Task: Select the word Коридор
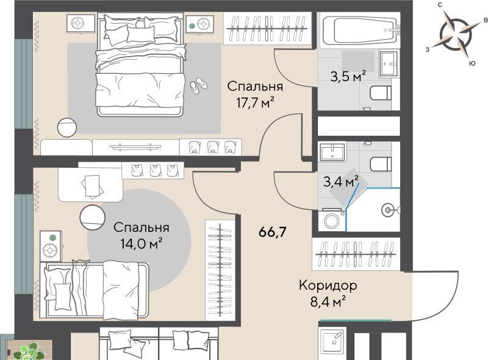[x=328, y=286]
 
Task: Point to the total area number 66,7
[x=272, y=232]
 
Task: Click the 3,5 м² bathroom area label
[x=348, y=76]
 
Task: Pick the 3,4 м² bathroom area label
[x=341, y=181]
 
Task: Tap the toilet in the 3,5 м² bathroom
[x=380, y=93]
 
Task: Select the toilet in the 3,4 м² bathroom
[x=380, y=164]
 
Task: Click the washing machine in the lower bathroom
[x=332, y=220]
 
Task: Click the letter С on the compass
[x=440, y=5]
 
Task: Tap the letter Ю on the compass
[x=472, y=63]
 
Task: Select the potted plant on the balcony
[x=30, y=352]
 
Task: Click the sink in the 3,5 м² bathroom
[x=389, y=63]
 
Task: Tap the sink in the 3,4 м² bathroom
[x=332, y=152]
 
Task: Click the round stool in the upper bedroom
[x=67, y=127]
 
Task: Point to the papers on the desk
[x=92, y=187]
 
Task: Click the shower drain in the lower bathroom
[x=387, y=211]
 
